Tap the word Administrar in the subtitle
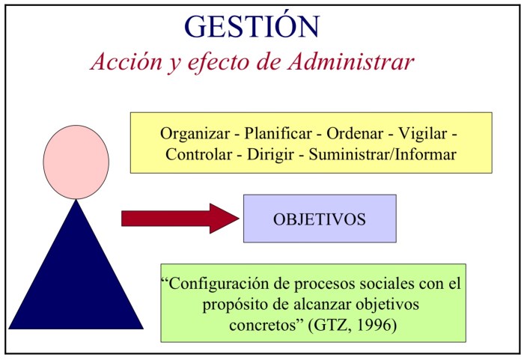[351, 61]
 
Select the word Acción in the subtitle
[126, 61]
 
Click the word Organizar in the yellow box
[195, 134]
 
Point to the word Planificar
[278, 133]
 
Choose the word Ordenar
[355, 133]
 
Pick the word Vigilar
[422, 134]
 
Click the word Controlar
[199, 154]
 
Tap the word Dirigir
[270, 155]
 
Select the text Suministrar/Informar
[383, 154]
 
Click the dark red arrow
[180, 219]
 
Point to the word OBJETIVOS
[320, 219]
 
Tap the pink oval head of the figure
[76, 162]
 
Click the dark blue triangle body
[76, 264]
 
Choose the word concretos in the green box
[263, 325]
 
